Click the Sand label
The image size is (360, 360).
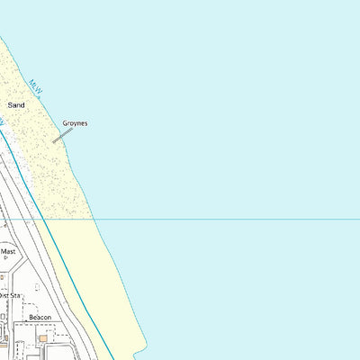pos(16,105)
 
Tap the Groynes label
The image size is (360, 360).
pos(75,123)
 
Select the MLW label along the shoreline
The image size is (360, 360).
pos(36,85)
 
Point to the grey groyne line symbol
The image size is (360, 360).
pos(62,135)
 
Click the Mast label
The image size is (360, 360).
pos(8,251)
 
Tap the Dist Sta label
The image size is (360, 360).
pos(9,294)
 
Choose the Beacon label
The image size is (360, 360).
pos(40,318)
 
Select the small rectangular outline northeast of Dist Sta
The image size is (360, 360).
pos(37,287)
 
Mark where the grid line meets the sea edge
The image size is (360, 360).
pos(94,219)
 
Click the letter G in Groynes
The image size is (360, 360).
pos(65,123)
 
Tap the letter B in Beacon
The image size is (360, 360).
pos(31,318)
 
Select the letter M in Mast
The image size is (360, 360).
pos(3,251)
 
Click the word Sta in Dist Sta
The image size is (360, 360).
pos(15,294)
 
